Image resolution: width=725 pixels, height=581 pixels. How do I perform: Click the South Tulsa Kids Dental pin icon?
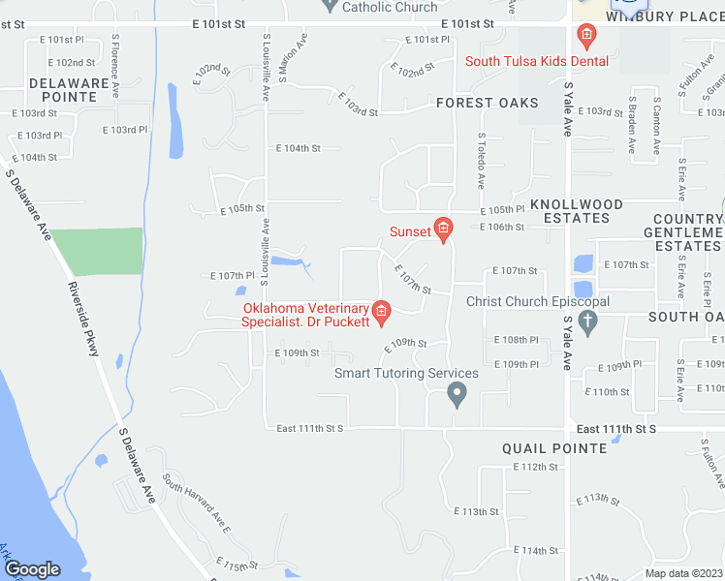point(585,38)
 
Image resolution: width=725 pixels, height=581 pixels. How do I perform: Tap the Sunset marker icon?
point(443,229)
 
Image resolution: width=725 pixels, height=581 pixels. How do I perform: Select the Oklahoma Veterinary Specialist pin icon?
point(381,311)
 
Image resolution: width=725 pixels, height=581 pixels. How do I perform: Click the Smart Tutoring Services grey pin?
point(457,394)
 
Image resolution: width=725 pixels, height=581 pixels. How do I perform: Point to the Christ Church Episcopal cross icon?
point(586,321)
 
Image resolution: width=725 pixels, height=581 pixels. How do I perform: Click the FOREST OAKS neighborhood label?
point(487,103)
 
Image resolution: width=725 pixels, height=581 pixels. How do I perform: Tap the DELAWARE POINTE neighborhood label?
point(69,90)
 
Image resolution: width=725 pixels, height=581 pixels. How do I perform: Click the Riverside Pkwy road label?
point(83,320)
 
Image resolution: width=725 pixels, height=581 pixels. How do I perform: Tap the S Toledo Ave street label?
point(480,159)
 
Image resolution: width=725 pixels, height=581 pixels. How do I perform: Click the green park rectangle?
point(95,252)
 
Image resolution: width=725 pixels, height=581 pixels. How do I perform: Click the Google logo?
point(32,569)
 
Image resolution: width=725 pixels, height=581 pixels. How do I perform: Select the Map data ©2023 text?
point(682,573)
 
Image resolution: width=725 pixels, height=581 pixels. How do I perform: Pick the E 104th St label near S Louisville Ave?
point(298,148)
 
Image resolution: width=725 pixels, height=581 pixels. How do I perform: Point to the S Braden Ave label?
point(631,125)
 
